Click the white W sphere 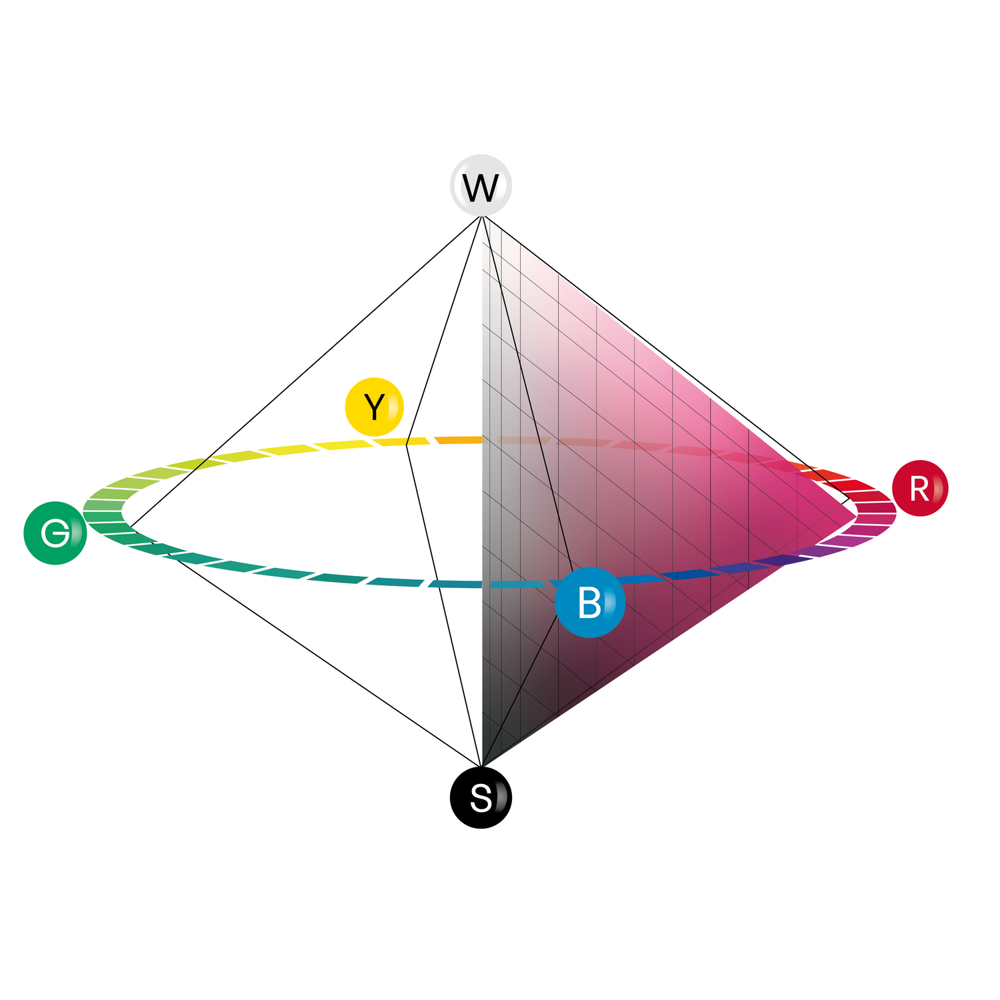tap(481, 185)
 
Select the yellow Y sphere tap(375, 407)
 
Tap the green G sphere tap(55, 533)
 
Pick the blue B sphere tap(590, 602)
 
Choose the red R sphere tap(920, 488)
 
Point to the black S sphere tap(481, 797)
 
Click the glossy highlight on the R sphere tap(938, 488)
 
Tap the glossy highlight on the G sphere tap(75, 533)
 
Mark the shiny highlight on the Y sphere tap(394, 406)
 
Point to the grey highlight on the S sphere tap(501, 797)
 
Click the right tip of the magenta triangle tap(856, 514)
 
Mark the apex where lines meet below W tap(481, 217)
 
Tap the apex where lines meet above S tap(481, 767)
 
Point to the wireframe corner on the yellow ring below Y tap(406, 445)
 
